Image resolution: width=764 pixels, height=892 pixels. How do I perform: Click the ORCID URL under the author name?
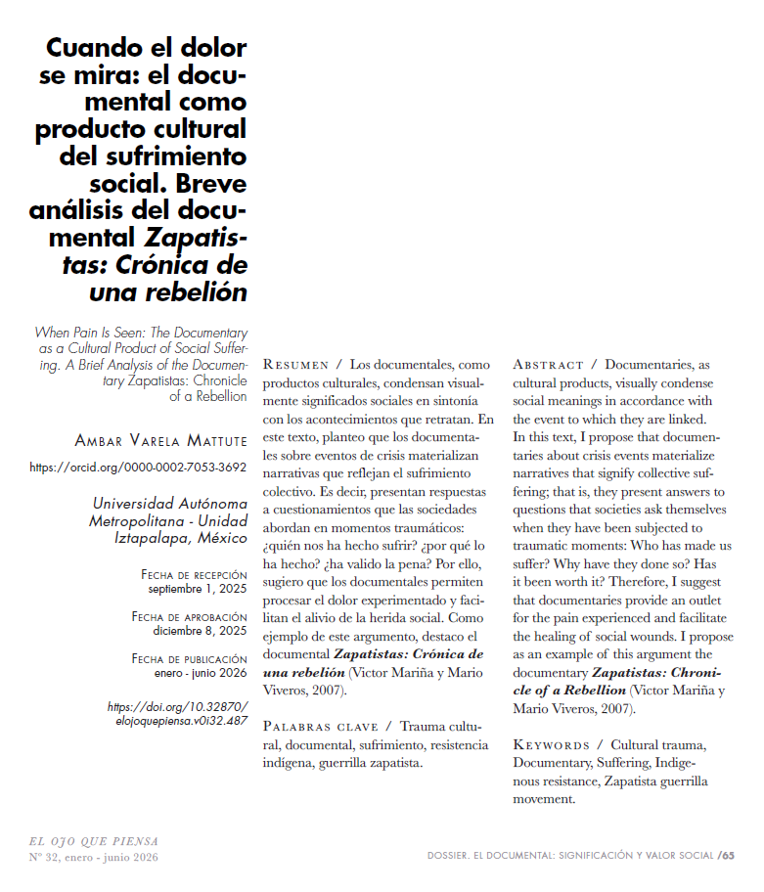(138, 468)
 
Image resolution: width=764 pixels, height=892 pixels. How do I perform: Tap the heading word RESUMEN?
(296, 365)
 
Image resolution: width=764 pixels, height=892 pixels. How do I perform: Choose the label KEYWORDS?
(551, 745)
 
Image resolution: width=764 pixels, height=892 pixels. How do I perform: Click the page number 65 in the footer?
(729, 855)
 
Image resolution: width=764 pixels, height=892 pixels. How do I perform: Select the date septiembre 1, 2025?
(197, 589)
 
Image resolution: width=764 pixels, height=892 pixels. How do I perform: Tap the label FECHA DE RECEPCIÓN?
(194, 574)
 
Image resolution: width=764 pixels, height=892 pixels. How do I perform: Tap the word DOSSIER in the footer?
(457, 856)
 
